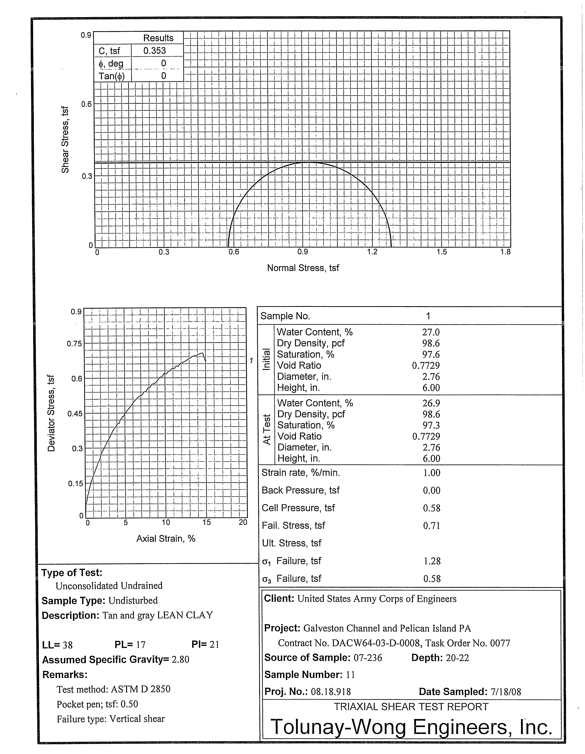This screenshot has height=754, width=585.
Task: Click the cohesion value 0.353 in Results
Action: (154, 51)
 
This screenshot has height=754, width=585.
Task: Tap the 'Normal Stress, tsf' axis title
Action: (303, 268)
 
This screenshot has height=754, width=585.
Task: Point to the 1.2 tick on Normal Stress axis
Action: (372, 252)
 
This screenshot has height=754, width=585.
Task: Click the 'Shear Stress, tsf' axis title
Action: (65, 139)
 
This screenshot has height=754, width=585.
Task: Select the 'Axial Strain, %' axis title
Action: (166, 539)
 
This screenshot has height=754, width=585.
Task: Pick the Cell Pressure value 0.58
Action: (432, 508)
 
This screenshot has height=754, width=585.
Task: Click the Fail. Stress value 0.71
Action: (432, 526)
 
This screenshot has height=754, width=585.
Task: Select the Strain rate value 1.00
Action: (432, 473)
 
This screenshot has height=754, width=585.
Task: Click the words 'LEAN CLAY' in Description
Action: (185, 615)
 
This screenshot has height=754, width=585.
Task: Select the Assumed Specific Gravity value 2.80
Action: (181, 659)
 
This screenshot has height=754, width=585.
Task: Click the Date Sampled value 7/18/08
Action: (505, 692)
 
